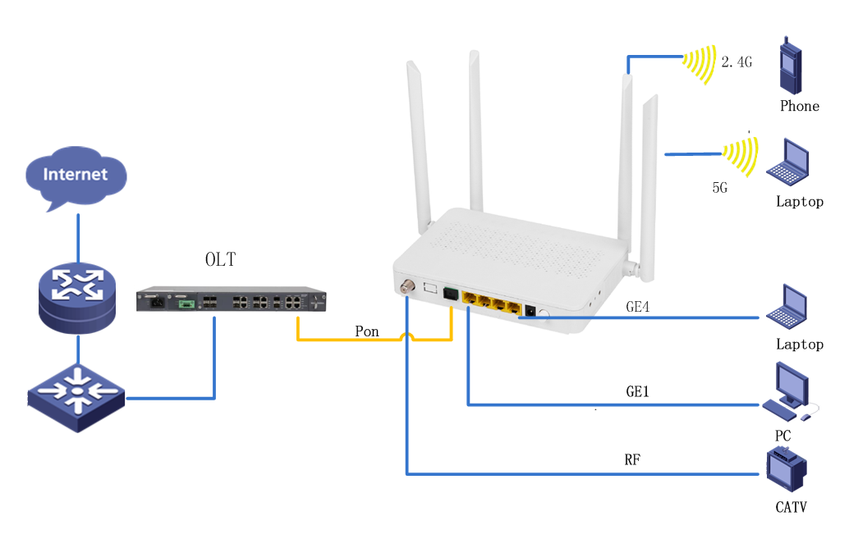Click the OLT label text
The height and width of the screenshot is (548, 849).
point(220,260)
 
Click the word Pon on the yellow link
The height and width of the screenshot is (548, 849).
point(367,331)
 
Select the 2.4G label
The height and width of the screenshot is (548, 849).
point(737,62)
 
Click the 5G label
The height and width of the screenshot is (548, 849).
point(720,188)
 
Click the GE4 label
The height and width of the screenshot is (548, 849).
point(638,307)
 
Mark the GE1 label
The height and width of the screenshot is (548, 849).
point(638,392)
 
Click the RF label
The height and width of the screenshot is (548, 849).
point(632,460)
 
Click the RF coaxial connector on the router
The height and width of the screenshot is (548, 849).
point(406,289)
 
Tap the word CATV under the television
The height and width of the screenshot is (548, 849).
point(791,507)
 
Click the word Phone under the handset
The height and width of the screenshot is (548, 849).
point(800,106)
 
